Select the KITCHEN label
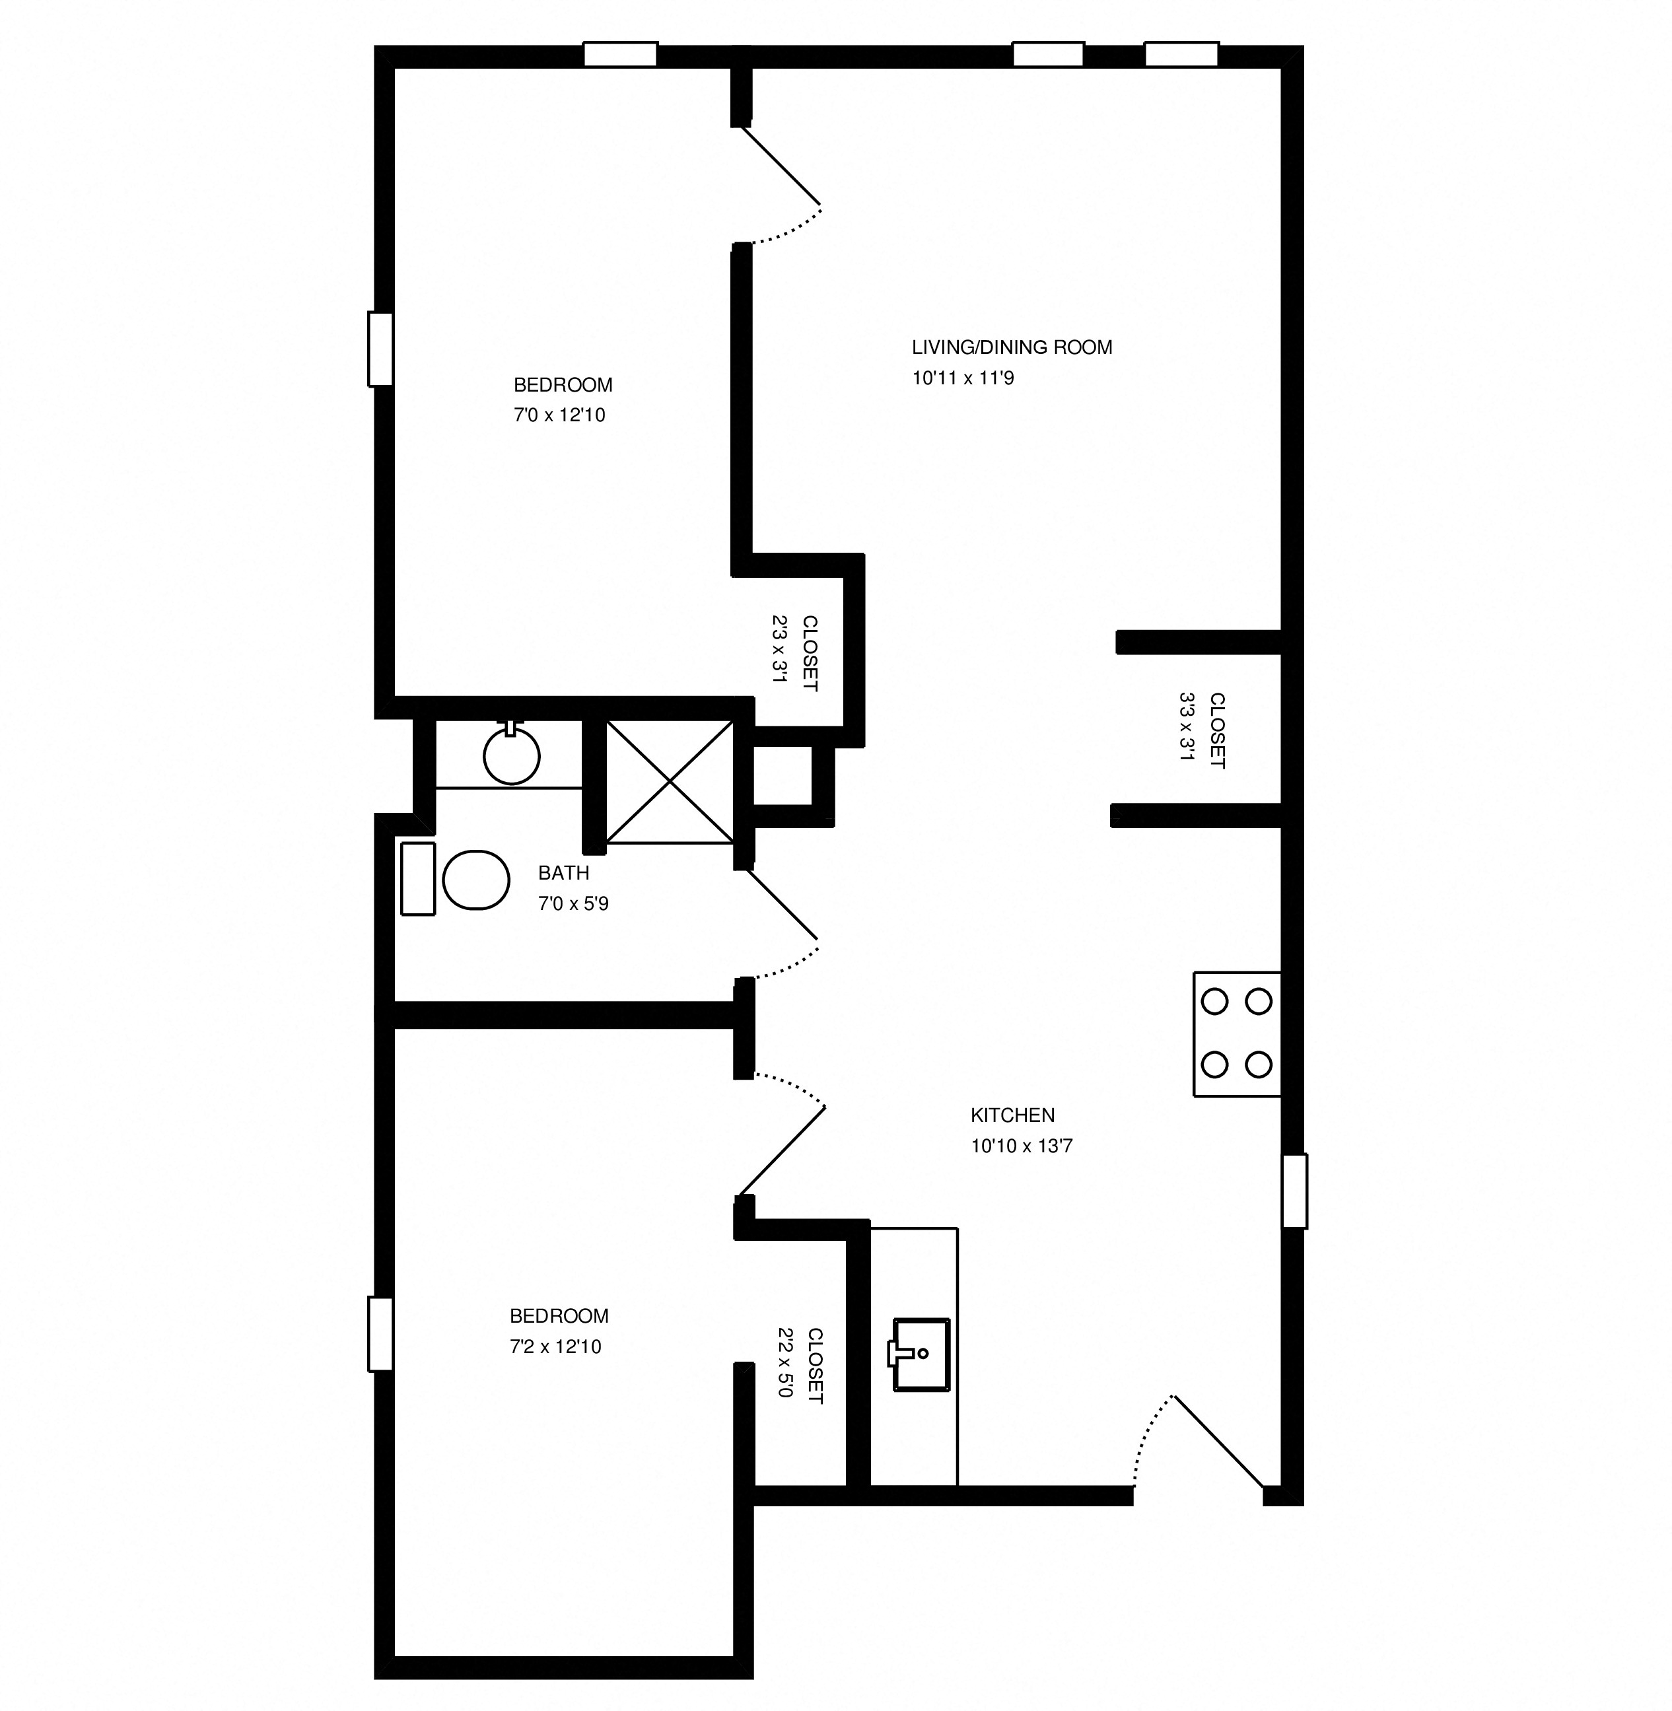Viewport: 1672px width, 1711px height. point(1012,1115)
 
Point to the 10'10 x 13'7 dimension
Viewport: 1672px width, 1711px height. point(1022,1145)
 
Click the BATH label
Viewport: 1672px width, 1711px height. point(563,873)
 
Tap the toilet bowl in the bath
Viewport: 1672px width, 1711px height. point(476,879)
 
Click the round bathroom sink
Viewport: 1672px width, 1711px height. point(511,755)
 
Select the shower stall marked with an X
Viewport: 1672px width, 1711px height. point(669,781)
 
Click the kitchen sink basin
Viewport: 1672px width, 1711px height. point(921,1354)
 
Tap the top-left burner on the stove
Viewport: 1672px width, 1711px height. point(1214,1001)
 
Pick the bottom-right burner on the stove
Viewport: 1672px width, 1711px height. point(1259,1065)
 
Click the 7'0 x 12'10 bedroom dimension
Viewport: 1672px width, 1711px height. point(559,415)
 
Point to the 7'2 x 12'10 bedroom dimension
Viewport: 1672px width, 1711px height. point(555,1346)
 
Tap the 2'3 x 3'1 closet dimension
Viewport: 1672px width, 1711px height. point(780,649)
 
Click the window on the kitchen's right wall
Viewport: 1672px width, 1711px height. point(1294,1192)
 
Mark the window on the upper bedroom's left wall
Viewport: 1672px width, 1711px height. point(380,349)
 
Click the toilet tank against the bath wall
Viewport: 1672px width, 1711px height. point(418,879)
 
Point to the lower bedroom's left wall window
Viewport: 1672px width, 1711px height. point(380,1334)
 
